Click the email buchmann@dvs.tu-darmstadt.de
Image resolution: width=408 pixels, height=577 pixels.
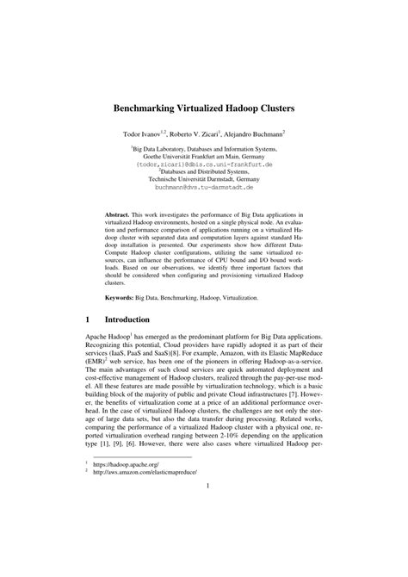(x=203, y=186)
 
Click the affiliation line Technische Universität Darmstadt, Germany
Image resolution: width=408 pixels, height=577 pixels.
(x=203, y=178)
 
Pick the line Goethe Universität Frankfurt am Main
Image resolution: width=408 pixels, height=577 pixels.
(x=203, y=155)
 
